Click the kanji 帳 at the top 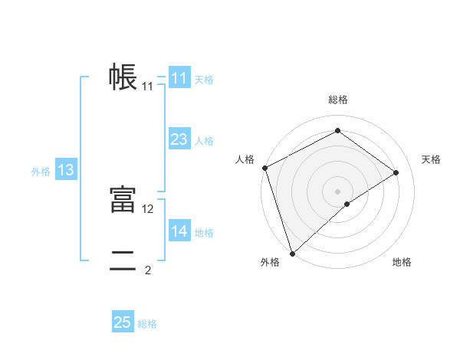[x=123, y=77]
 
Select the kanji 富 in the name [x=123, y=200]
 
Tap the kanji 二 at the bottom [x=123, y=261]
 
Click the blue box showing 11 [x=179, y=78]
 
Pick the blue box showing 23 [x=179, y=139]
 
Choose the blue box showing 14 [x=179, y=231]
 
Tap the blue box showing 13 [x=66, y=170]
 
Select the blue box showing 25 [x=123, y=322]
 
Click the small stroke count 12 [x=148, y=208]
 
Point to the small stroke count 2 [x=148, y=270]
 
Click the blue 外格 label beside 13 [x=41, y=172]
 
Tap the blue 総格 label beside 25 [x=147, y=324]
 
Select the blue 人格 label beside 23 [x=204, y=141]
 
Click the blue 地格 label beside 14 [x=204, y=233]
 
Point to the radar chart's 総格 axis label [x=337, y=100]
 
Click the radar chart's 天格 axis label [x=432, y=159]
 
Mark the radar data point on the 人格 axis [x=264, y=168]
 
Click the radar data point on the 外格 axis [x=292, y=253]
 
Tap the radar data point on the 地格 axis [x=347, y=204]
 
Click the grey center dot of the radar [x=337, y=191]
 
